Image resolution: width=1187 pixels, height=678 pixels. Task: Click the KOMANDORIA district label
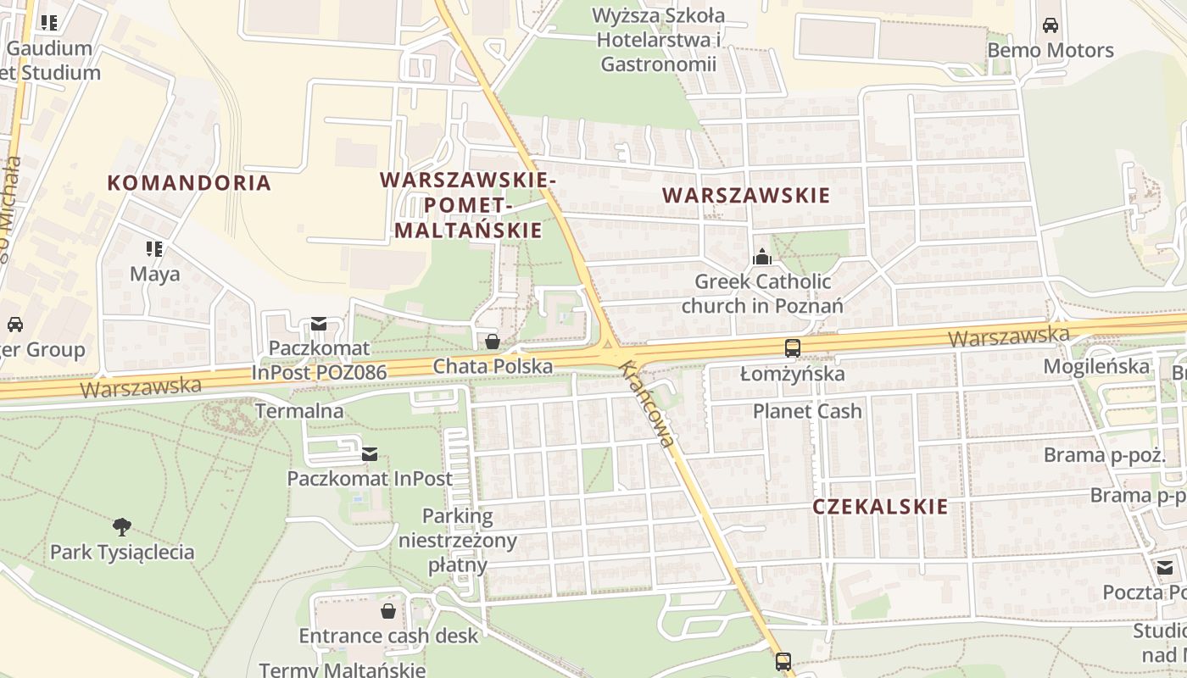(189, 182)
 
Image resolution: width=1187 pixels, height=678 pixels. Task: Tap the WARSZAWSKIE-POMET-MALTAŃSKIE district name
(469, 205)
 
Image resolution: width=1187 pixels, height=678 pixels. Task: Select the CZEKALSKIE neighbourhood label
(880, 507)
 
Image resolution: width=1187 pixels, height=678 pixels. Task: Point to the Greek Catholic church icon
(761, 257)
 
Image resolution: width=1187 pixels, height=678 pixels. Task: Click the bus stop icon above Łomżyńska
(792, 348)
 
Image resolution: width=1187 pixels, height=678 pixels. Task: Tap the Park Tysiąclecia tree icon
(122, 527)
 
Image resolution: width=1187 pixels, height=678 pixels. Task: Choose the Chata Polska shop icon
(492, 342)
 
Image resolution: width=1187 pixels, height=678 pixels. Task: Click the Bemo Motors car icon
(1050, 25)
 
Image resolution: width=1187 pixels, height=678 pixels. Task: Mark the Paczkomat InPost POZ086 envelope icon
(319, 323)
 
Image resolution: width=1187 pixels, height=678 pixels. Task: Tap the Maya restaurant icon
(154, 249)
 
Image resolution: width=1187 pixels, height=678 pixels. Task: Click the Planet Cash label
(807, 412)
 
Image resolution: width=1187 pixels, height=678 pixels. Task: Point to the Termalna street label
(300, 412)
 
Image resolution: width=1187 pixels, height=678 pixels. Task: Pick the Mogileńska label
(1096, 367)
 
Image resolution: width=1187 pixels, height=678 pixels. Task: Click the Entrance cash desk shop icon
(388, 611)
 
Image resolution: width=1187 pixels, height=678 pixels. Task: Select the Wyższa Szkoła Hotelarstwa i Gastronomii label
(659, 40)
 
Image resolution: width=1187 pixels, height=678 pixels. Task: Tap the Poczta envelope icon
(1165, 568)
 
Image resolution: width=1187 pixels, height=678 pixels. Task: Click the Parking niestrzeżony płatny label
(458, 541)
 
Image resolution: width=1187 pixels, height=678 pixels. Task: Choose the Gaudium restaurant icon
(49, 23)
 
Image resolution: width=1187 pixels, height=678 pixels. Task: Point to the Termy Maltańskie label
(342, 670)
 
